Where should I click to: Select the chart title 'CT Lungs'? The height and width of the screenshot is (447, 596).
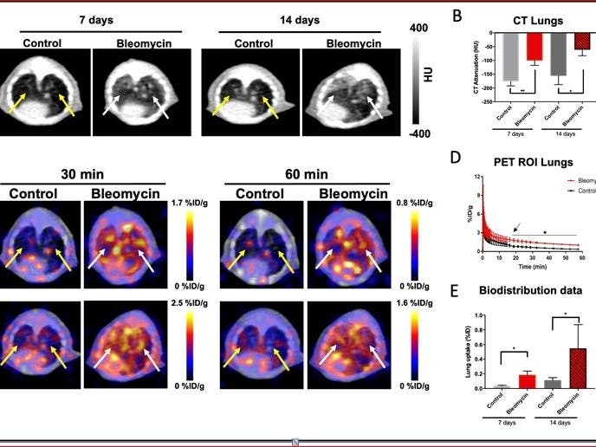tap(526, 20)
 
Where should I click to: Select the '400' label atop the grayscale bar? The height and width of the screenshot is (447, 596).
tap(418, 28)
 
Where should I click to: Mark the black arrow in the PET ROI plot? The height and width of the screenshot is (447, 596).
tap(516, 229)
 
